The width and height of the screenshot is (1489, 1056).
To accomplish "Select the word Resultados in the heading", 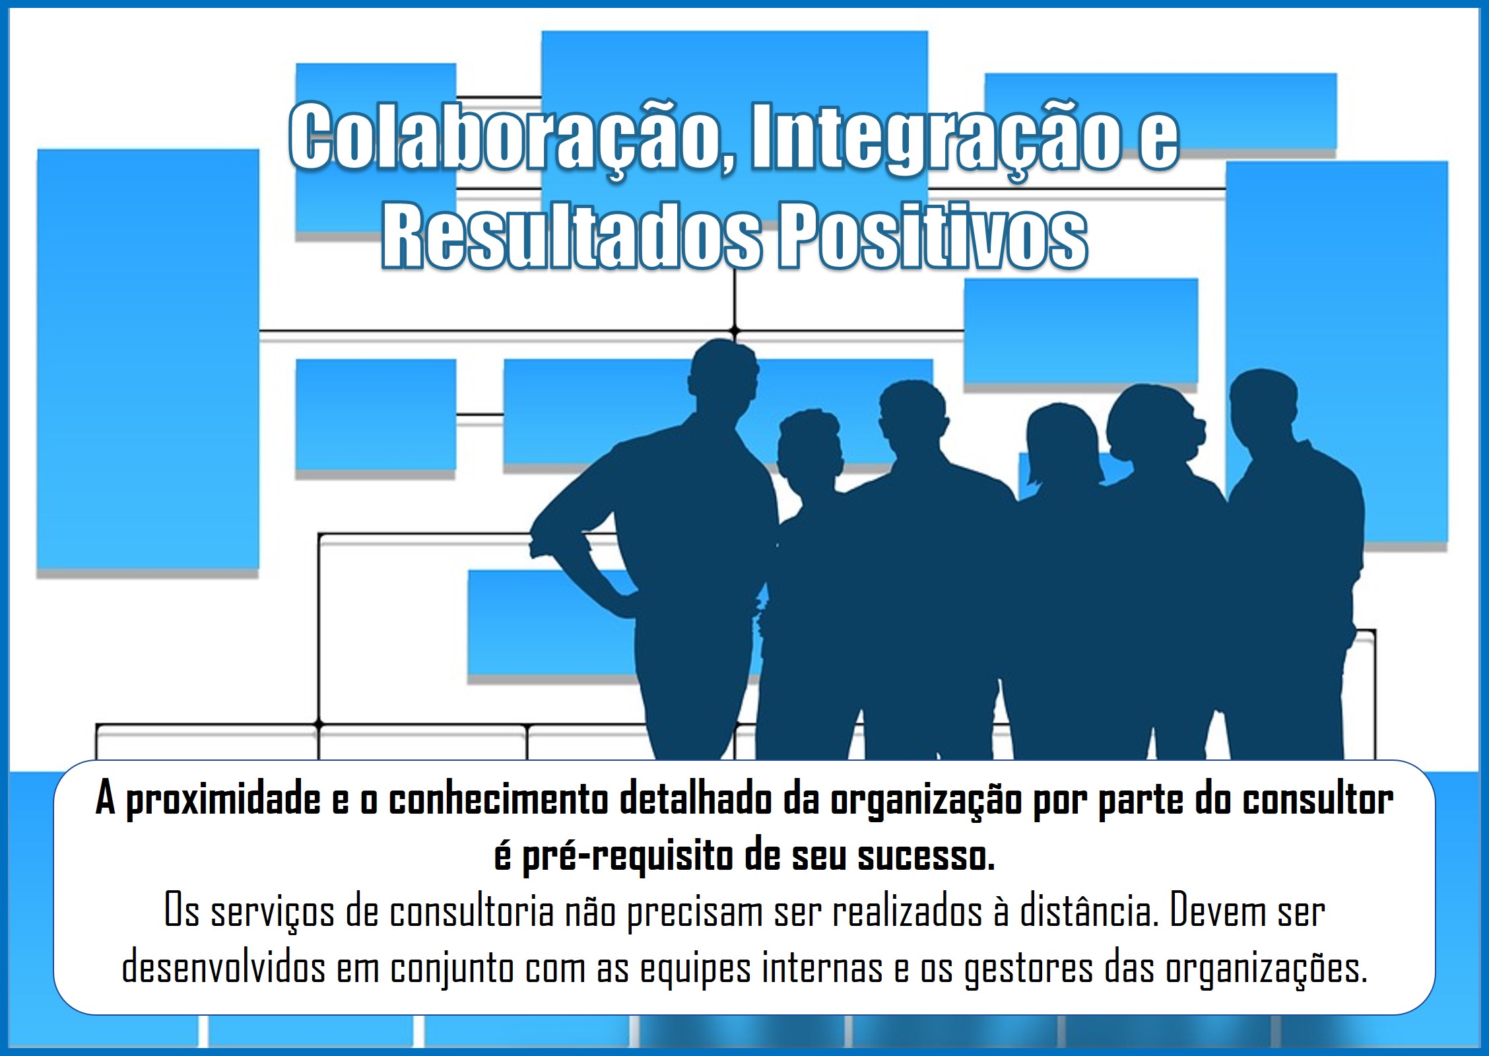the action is pyautogui.click(x=572, y=236).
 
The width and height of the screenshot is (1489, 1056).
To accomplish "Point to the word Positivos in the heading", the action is pyautogui.click(x=933, y=236).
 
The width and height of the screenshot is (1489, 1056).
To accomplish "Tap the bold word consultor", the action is pyautogui.click(x=1318, y=800).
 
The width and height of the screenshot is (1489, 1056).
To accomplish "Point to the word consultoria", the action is pyautogui.click(x=471, y=912).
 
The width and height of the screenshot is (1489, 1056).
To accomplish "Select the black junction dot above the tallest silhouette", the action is pyautogui.click(x=735, y=330).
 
